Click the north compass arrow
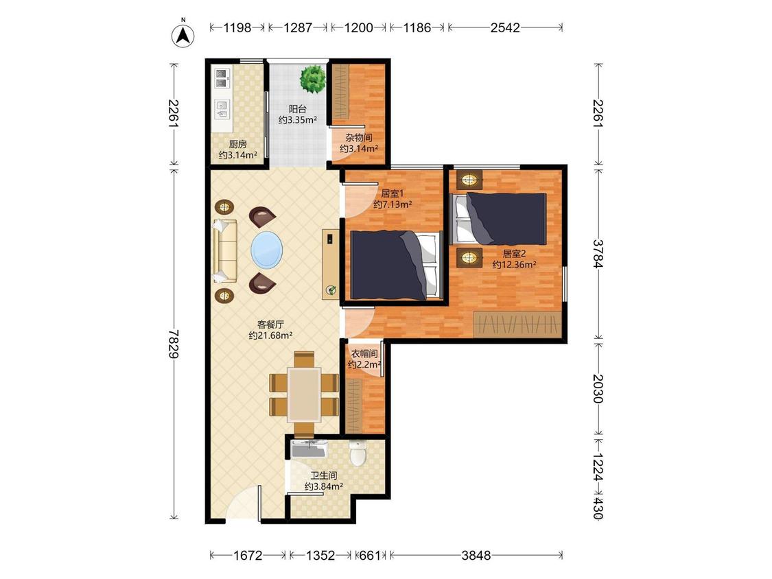coord(183,36)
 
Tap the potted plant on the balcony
coord(313,79)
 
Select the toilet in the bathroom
coord(358,453)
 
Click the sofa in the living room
coord(225,250)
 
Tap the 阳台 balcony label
coord(297,109)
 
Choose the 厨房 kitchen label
coord(238,144)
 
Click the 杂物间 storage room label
coord(358,137)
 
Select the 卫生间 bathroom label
coord(323,475)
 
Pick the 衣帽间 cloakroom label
coord(364,353)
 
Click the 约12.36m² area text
coord(514,265)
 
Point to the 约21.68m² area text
coord(271,335)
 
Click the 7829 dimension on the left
coord(174,344)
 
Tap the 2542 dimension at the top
coord(505,27)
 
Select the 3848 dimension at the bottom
coord(476,556)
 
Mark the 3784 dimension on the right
coord(598,254)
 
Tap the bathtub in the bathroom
coord(309,449)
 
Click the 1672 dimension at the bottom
coord(248,556)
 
